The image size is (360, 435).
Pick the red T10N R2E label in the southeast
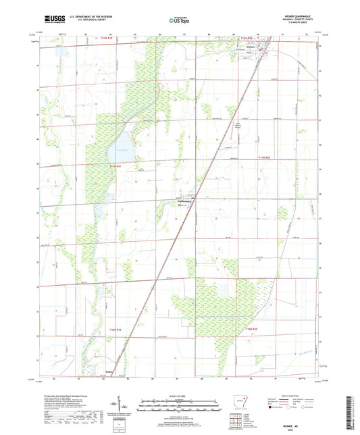pyautogui.click(x=252, y=328)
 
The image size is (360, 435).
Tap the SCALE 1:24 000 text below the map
pyautogui.click(x=178, y=395)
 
